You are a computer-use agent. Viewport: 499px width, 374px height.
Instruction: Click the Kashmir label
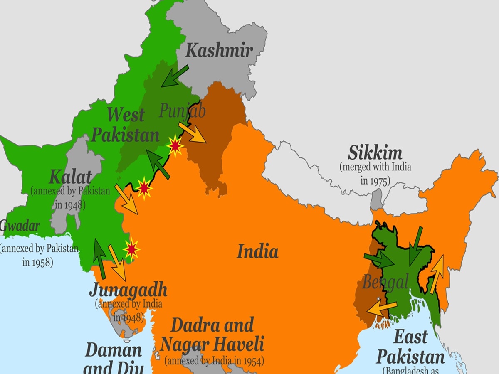pyautogui.click(x=219, y=50)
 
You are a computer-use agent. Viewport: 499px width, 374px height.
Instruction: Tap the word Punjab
pyautogui.click(x=182, y=111)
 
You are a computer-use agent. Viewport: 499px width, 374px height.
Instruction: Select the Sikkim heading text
pyautogui.click(x=375, y=153)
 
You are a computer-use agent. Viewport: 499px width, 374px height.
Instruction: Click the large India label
pyautogui.click(x=257, y=251)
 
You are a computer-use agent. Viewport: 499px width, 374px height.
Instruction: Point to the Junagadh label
pyautogui.click(x=128, y=290)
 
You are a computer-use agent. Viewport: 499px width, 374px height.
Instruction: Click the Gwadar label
pyautogui.click(x=20, y=226)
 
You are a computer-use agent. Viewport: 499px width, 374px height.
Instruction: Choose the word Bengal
pyautogui.click(x=385, y=283)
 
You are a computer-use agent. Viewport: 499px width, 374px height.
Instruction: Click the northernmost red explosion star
pyautogui.click(x=175, y=145)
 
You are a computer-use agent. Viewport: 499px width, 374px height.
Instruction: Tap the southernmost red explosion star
pyautogui.click(x=131, y=249)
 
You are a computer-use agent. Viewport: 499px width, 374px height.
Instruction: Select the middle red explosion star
pyautogui.click(x=144, y=188)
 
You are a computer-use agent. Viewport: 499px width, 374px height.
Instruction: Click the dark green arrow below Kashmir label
pyautogui.click(x=175, y=76)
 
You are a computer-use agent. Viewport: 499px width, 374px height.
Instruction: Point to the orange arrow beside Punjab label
pyautogui.click(x=192, y=133)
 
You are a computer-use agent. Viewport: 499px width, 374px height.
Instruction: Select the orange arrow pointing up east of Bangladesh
pyautogui.click(x=436, y=274)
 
